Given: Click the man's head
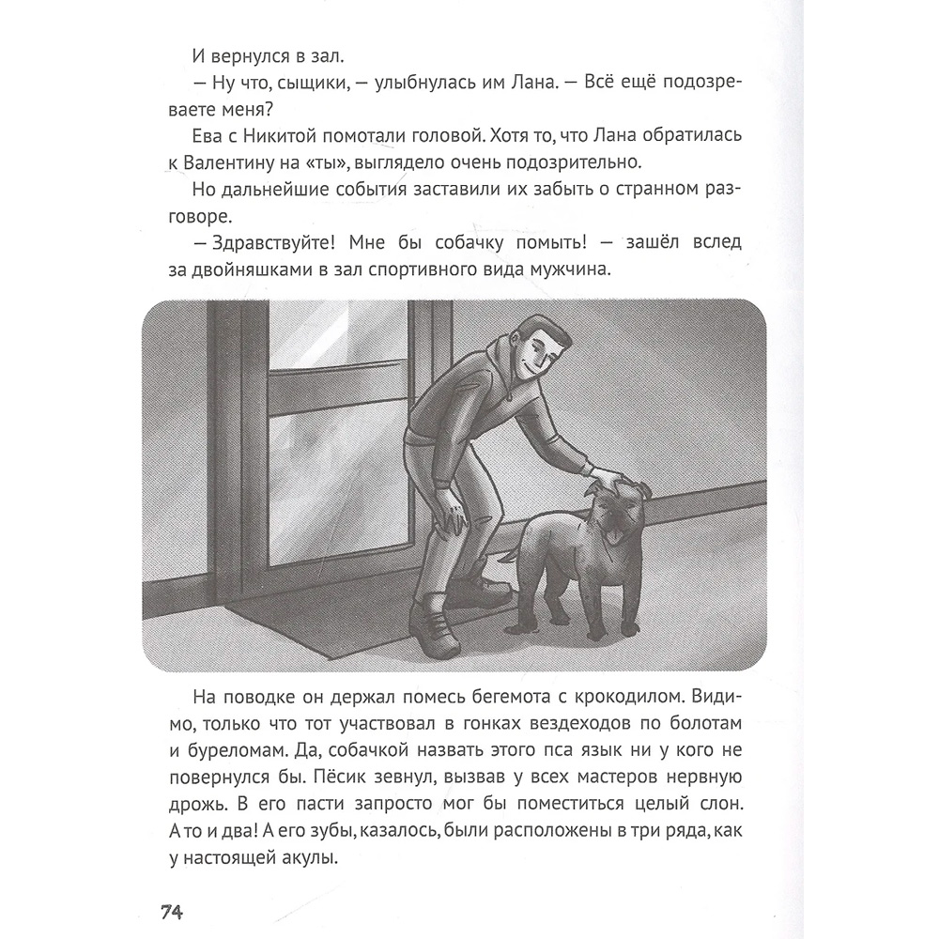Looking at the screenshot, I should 544,346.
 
